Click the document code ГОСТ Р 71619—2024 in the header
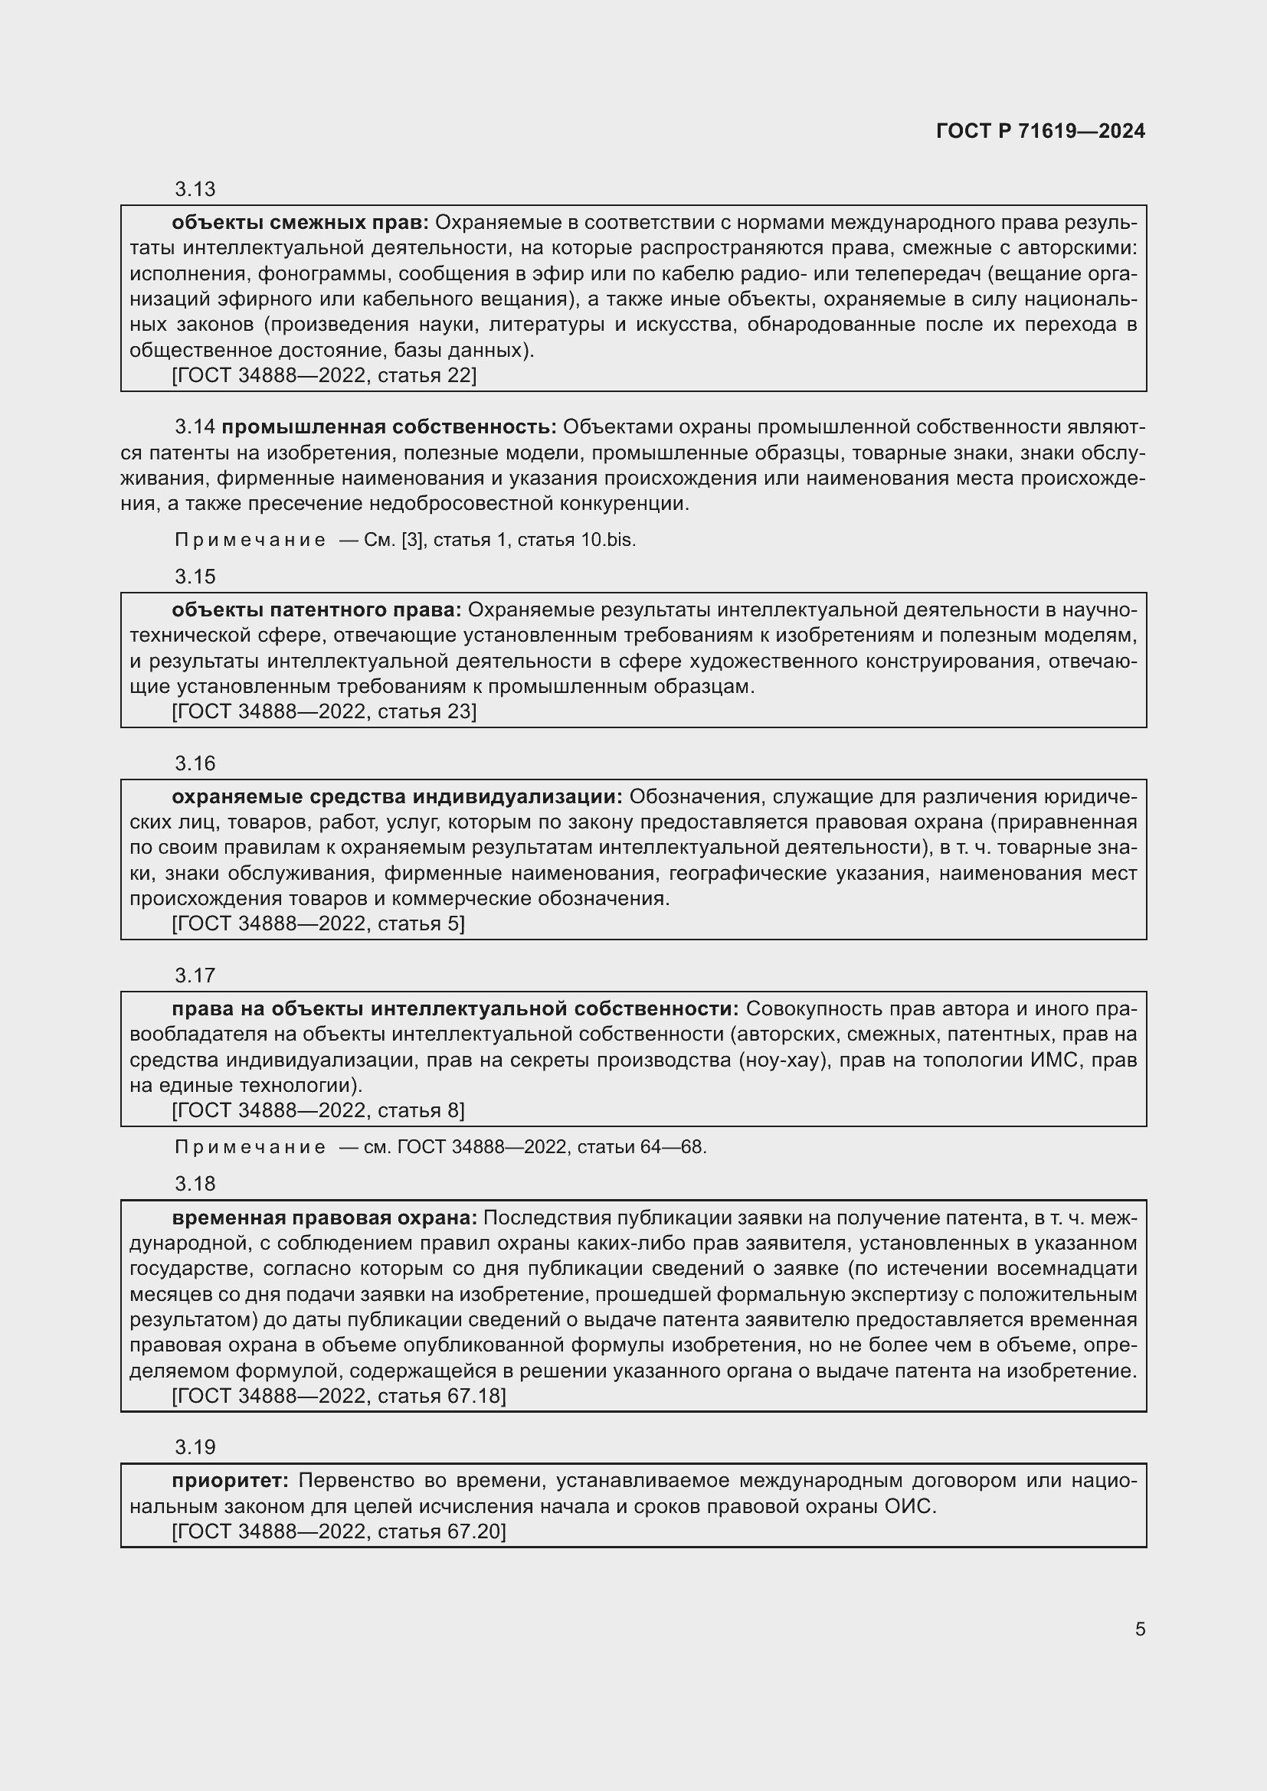coord(1040,131)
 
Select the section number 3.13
coord(195,189)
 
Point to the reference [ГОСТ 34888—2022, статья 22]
coord(324,375)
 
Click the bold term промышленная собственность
coord(388,427)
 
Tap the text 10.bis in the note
coord(607,540)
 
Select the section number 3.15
coord(195,577)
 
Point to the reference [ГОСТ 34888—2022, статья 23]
coord(324,711)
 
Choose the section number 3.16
coord(195,763)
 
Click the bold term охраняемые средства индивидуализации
coord(397,796)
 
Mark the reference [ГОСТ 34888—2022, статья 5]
coord(319,923)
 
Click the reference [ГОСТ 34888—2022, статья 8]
coord(319,1110)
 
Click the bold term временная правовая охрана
coord(325,1217)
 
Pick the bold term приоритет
coord(230,1481)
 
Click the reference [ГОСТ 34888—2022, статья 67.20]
coord(339,1531)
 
